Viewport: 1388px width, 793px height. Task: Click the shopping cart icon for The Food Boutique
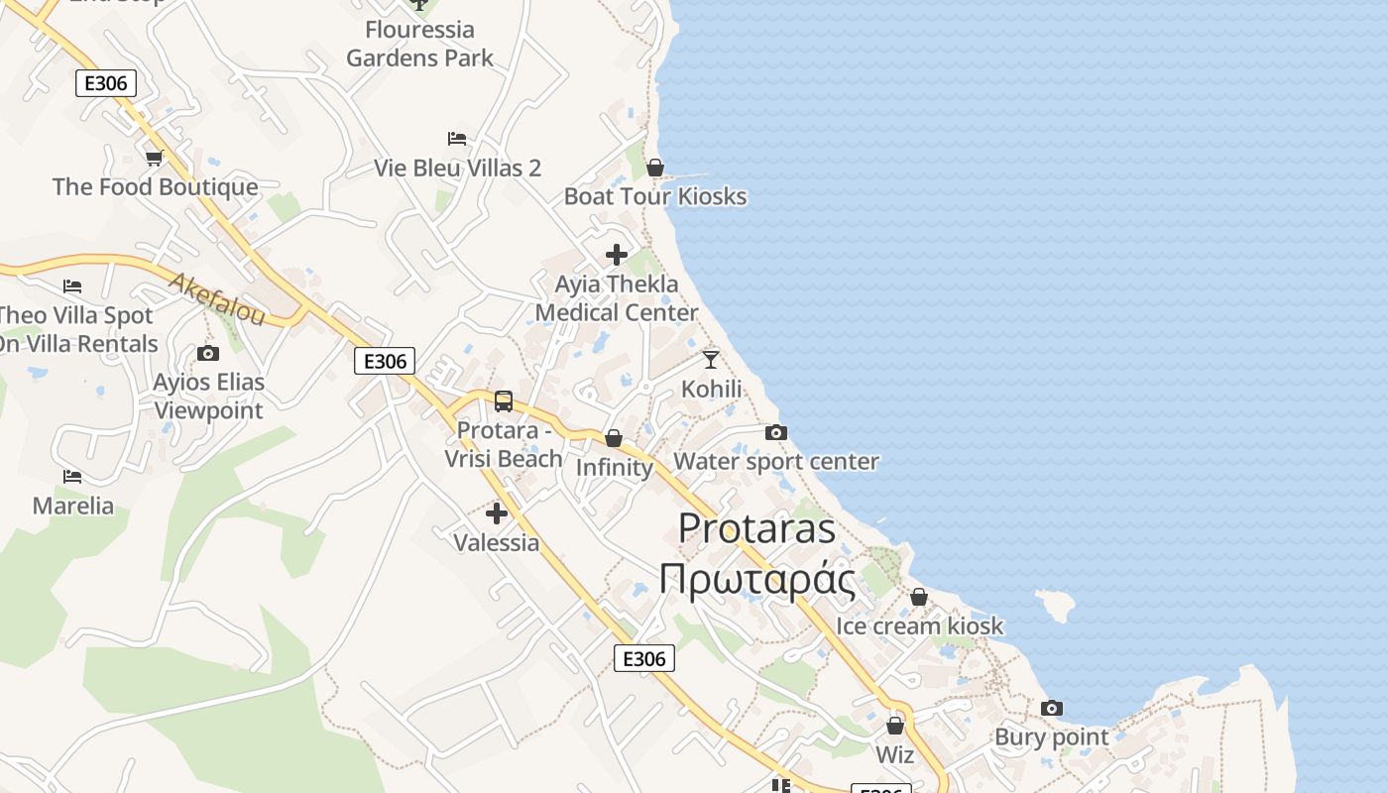[154, 158]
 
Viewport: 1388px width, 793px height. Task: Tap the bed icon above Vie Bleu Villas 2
[457, 139]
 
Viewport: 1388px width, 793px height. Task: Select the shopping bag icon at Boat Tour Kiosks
[654, 168]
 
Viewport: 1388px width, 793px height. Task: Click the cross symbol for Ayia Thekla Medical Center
[617, 255]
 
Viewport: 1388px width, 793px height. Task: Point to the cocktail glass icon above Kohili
[711, 359]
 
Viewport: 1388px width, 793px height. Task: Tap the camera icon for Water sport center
[776, 432]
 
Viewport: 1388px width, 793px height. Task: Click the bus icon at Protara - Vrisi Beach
[504, 401]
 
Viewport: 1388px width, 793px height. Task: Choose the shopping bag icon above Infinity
[614, 438]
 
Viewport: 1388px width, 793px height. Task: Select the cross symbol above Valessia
[497, 513]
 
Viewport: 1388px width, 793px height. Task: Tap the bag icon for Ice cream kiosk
[919, 597]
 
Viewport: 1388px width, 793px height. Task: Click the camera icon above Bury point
[1052, 708]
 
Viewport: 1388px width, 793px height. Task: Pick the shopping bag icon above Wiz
[895, 726]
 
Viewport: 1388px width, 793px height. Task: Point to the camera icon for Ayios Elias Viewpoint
[208, 353]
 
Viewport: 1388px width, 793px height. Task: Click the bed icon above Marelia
[72, 477]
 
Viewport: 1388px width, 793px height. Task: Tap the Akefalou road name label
[217, 299]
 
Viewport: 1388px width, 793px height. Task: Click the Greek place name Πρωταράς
[757, 579]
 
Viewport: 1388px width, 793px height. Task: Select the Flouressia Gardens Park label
[420, 44]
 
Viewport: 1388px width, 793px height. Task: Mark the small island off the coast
[1057, 604]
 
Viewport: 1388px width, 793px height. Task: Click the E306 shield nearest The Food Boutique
[106, 83]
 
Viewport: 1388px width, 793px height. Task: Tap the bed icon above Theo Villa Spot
[72, 286]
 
